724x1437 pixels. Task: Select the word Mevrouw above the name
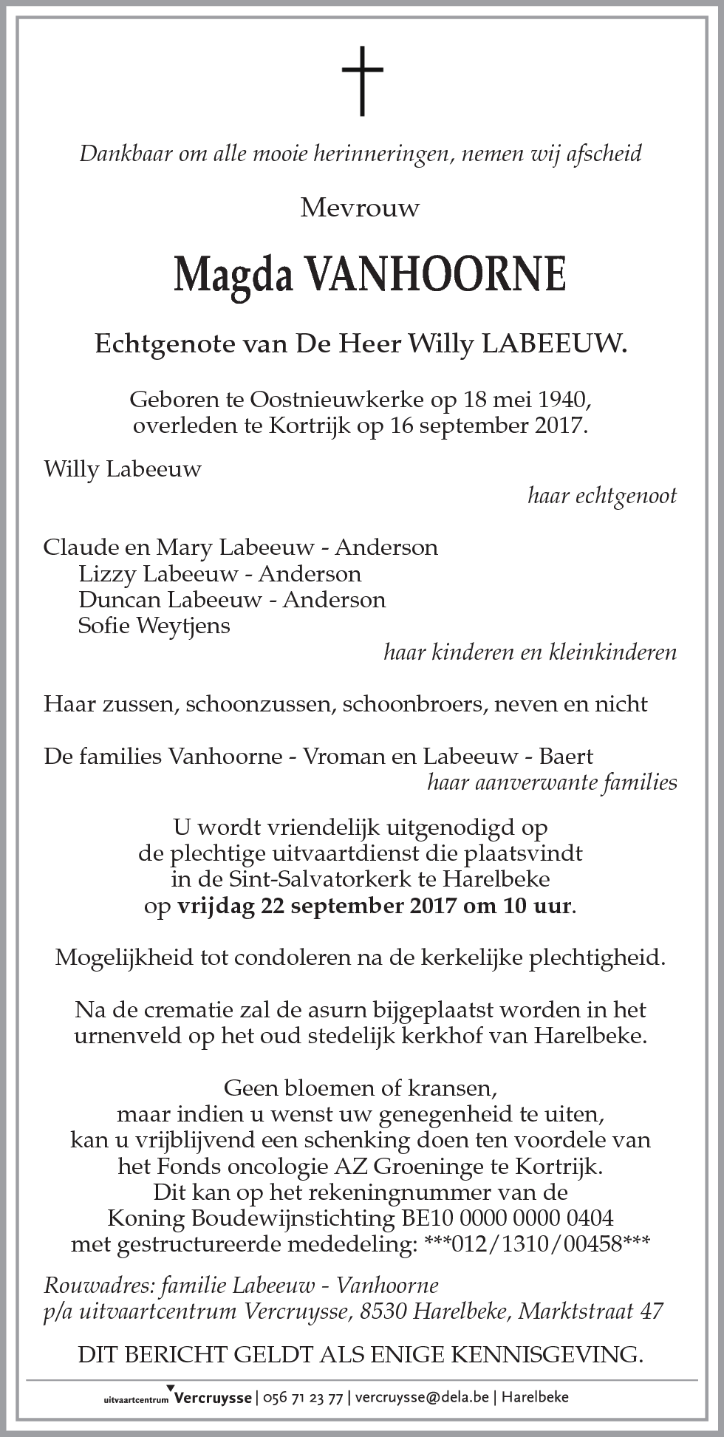(x=360, y=208)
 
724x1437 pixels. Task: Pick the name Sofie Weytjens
(x=154, y=626)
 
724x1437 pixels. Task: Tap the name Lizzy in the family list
(x=107, y=573)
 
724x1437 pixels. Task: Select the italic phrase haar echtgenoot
(x=601, y=496)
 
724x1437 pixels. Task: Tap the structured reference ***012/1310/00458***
(x=538, y=1244)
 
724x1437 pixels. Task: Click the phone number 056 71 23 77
(x=304, y=1397)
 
